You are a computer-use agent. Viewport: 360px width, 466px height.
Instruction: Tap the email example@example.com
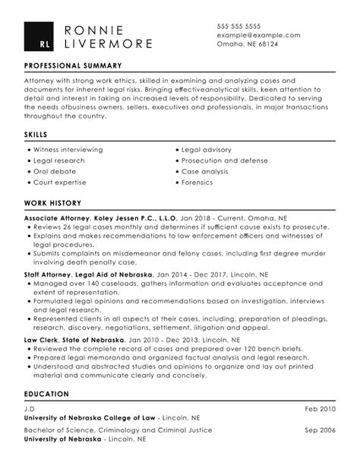tap(258, 35)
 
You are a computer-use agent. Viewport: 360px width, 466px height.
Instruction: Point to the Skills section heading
tap(36, 135)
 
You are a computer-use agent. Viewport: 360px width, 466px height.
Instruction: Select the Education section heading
tap(46, 394)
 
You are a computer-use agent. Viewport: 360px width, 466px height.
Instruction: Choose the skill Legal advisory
tap(207, 151)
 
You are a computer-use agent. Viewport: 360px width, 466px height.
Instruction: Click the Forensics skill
tap(199, 182)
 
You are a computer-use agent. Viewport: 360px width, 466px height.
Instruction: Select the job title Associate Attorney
tap(56, 217)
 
